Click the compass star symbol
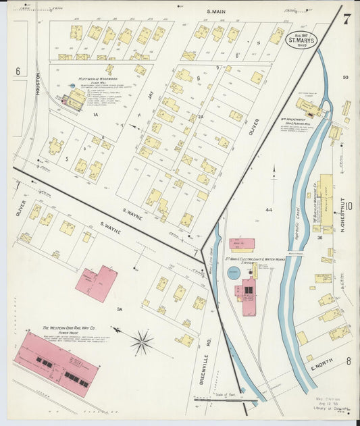[x=142, y=342]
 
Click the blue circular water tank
[x=233, y=273]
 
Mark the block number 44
[x=268, y=210]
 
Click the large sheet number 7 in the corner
[x=346, y=19]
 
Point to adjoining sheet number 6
[x=18, y=71]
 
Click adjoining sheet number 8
[x=349, y=361]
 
